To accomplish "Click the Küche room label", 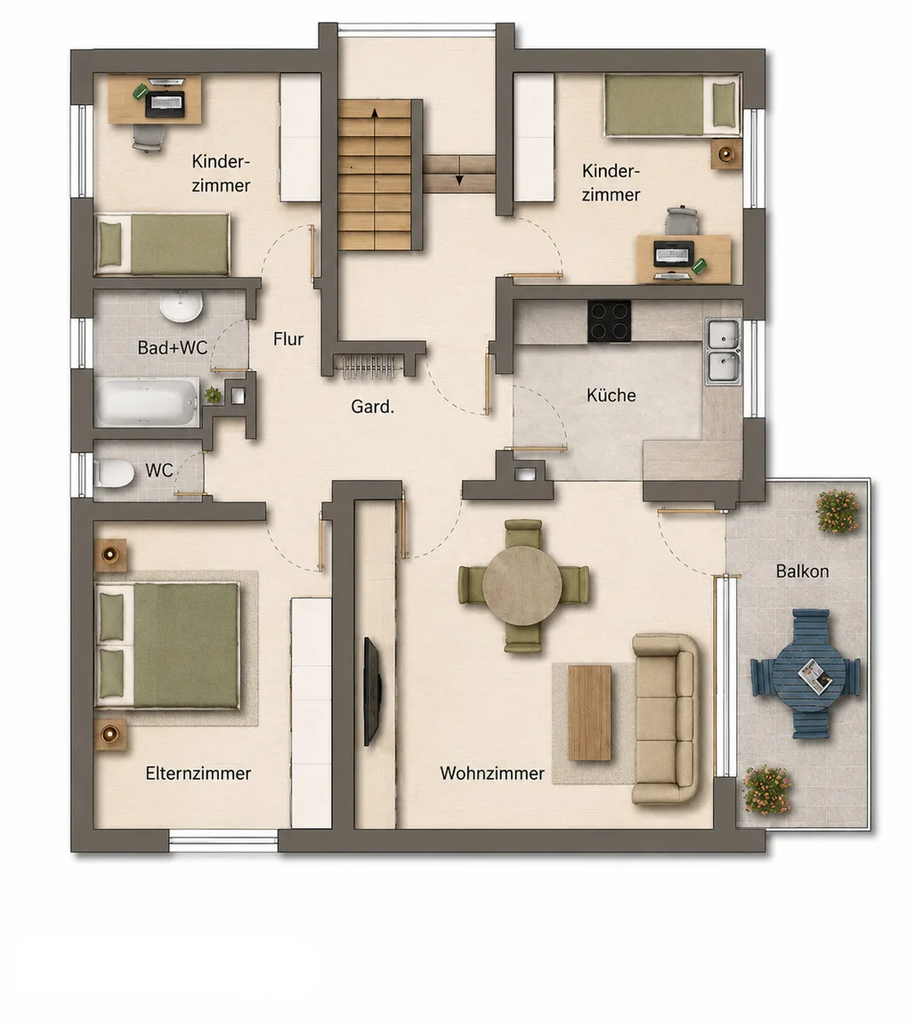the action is [611, 395].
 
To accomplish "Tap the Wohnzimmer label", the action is [492, 773].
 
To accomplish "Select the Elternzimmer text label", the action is [199, 773].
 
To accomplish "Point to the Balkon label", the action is [802, 571].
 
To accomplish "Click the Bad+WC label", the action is [172, 347].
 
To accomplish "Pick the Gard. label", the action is [372, 406].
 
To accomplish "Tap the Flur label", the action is [288, 339].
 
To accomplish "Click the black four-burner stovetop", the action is [609, 321].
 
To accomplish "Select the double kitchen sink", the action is [723, 352].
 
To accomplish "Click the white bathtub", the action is [147, 402].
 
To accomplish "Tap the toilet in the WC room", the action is [114, 474].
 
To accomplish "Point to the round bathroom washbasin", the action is [181, 307].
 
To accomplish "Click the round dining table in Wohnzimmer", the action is [522, 586].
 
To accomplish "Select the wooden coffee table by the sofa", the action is [590, 713].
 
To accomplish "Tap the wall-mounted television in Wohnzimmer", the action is [373, 691].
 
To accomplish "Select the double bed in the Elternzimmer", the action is [166, 646].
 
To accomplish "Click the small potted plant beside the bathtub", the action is [213, 394].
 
